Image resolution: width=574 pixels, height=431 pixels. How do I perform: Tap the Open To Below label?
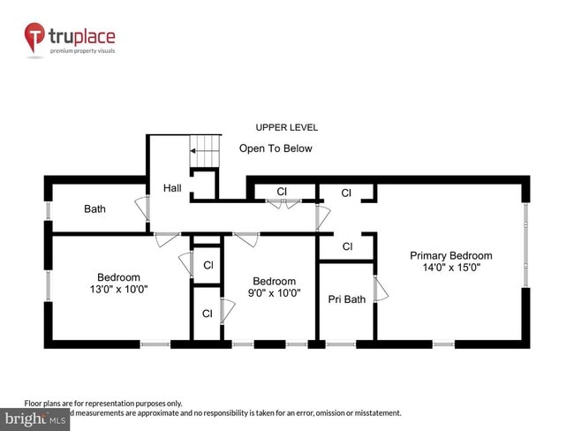pos(276,148)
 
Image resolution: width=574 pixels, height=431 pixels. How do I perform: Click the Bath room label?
pos(95,209)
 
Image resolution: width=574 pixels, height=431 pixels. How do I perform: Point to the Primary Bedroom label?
pos(450,256)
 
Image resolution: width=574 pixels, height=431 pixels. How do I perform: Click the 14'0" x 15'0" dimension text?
pos(450,268)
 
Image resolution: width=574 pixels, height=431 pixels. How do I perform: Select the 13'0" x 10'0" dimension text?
pos(118,289)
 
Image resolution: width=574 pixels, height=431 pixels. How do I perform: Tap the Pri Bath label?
pos(346,299)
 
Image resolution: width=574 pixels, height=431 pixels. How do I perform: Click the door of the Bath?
pos(141,209)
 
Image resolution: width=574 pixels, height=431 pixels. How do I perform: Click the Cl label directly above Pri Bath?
pos(347,246)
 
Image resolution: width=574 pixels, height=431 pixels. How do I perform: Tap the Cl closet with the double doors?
pos(282,192)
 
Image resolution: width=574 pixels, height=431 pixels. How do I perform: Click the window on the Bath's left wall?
pos(48,212)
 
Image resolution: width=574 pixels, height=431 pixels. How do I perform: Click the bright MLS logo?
pos(35,419)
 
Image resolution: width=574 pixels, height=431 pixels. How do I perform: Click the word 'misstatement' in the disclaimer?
pos(375,412)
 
